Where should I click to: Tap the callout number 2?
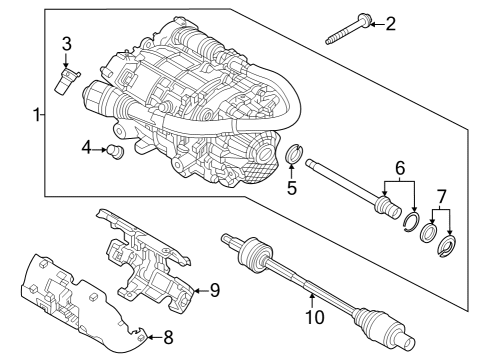coord(390,23)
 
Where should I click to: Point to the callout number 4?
coord(88,148)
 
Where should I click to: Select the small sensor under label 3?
coord(67,79)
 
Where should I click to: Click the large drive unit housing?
coord(200,100)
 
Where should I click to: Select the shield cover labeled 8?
coord(80,300)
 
